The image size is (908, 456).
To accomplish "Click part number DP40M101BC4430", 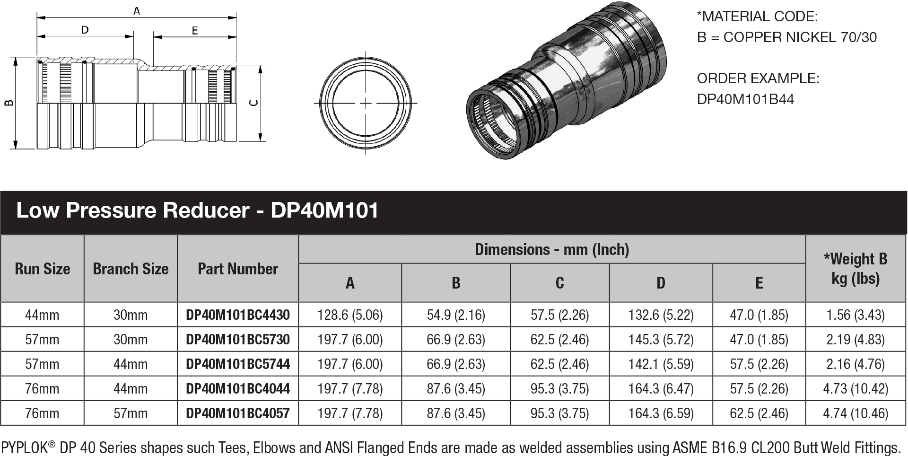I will (x=238, y=315).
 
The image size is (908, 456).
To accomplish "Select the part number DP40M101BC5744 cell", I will (x=238, y=364).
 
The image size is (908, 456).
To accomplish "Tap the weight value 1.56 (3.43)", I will (x=856, y=315).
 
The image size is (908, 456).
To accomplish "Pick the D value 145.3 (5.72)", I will (x=661, y=340).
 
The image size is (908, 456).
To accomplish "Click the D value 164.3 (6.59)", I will (x=661, y=413).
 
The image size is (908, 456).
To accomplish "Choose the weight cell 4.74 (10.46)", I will (x=856, y=413).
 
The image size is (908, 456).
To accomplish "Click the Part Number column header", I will (x=238, y=269).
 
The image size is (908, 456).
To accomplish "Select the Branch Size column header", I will (x=131, y=269).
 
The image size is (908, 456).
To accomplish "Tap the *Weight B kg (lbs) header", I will (x=856, y=269).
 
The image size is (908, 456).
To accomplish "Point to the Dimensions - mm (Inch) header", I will (x=552, y=249).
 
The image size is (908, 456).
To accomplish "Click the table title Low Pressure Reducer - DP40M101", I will (x=197, y=210).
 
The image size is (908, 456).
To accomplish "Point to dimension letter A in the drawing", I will (x=137, y=10).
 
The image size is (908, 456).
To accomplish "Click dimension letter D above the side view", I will (x=85, y=30).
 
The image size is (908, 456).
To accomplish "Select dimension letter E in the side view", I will (x=195, y=31).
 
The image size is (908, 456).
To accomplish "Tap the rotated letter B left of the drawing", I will (x=9, y=103).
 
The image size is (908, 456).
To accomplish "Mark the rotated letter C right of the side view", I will (x=254, y=103).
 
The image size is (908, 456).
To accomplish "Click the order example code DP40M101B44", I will (x=746, y=99).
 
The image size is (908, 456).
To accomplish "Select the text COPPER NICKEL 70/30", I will (x=800, y=37).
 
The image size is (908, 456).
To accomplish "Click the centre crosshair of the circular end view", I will (x=366, y=103).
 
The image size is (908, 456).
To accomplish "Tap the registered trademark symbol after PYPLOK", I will (x=52, y=444).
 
